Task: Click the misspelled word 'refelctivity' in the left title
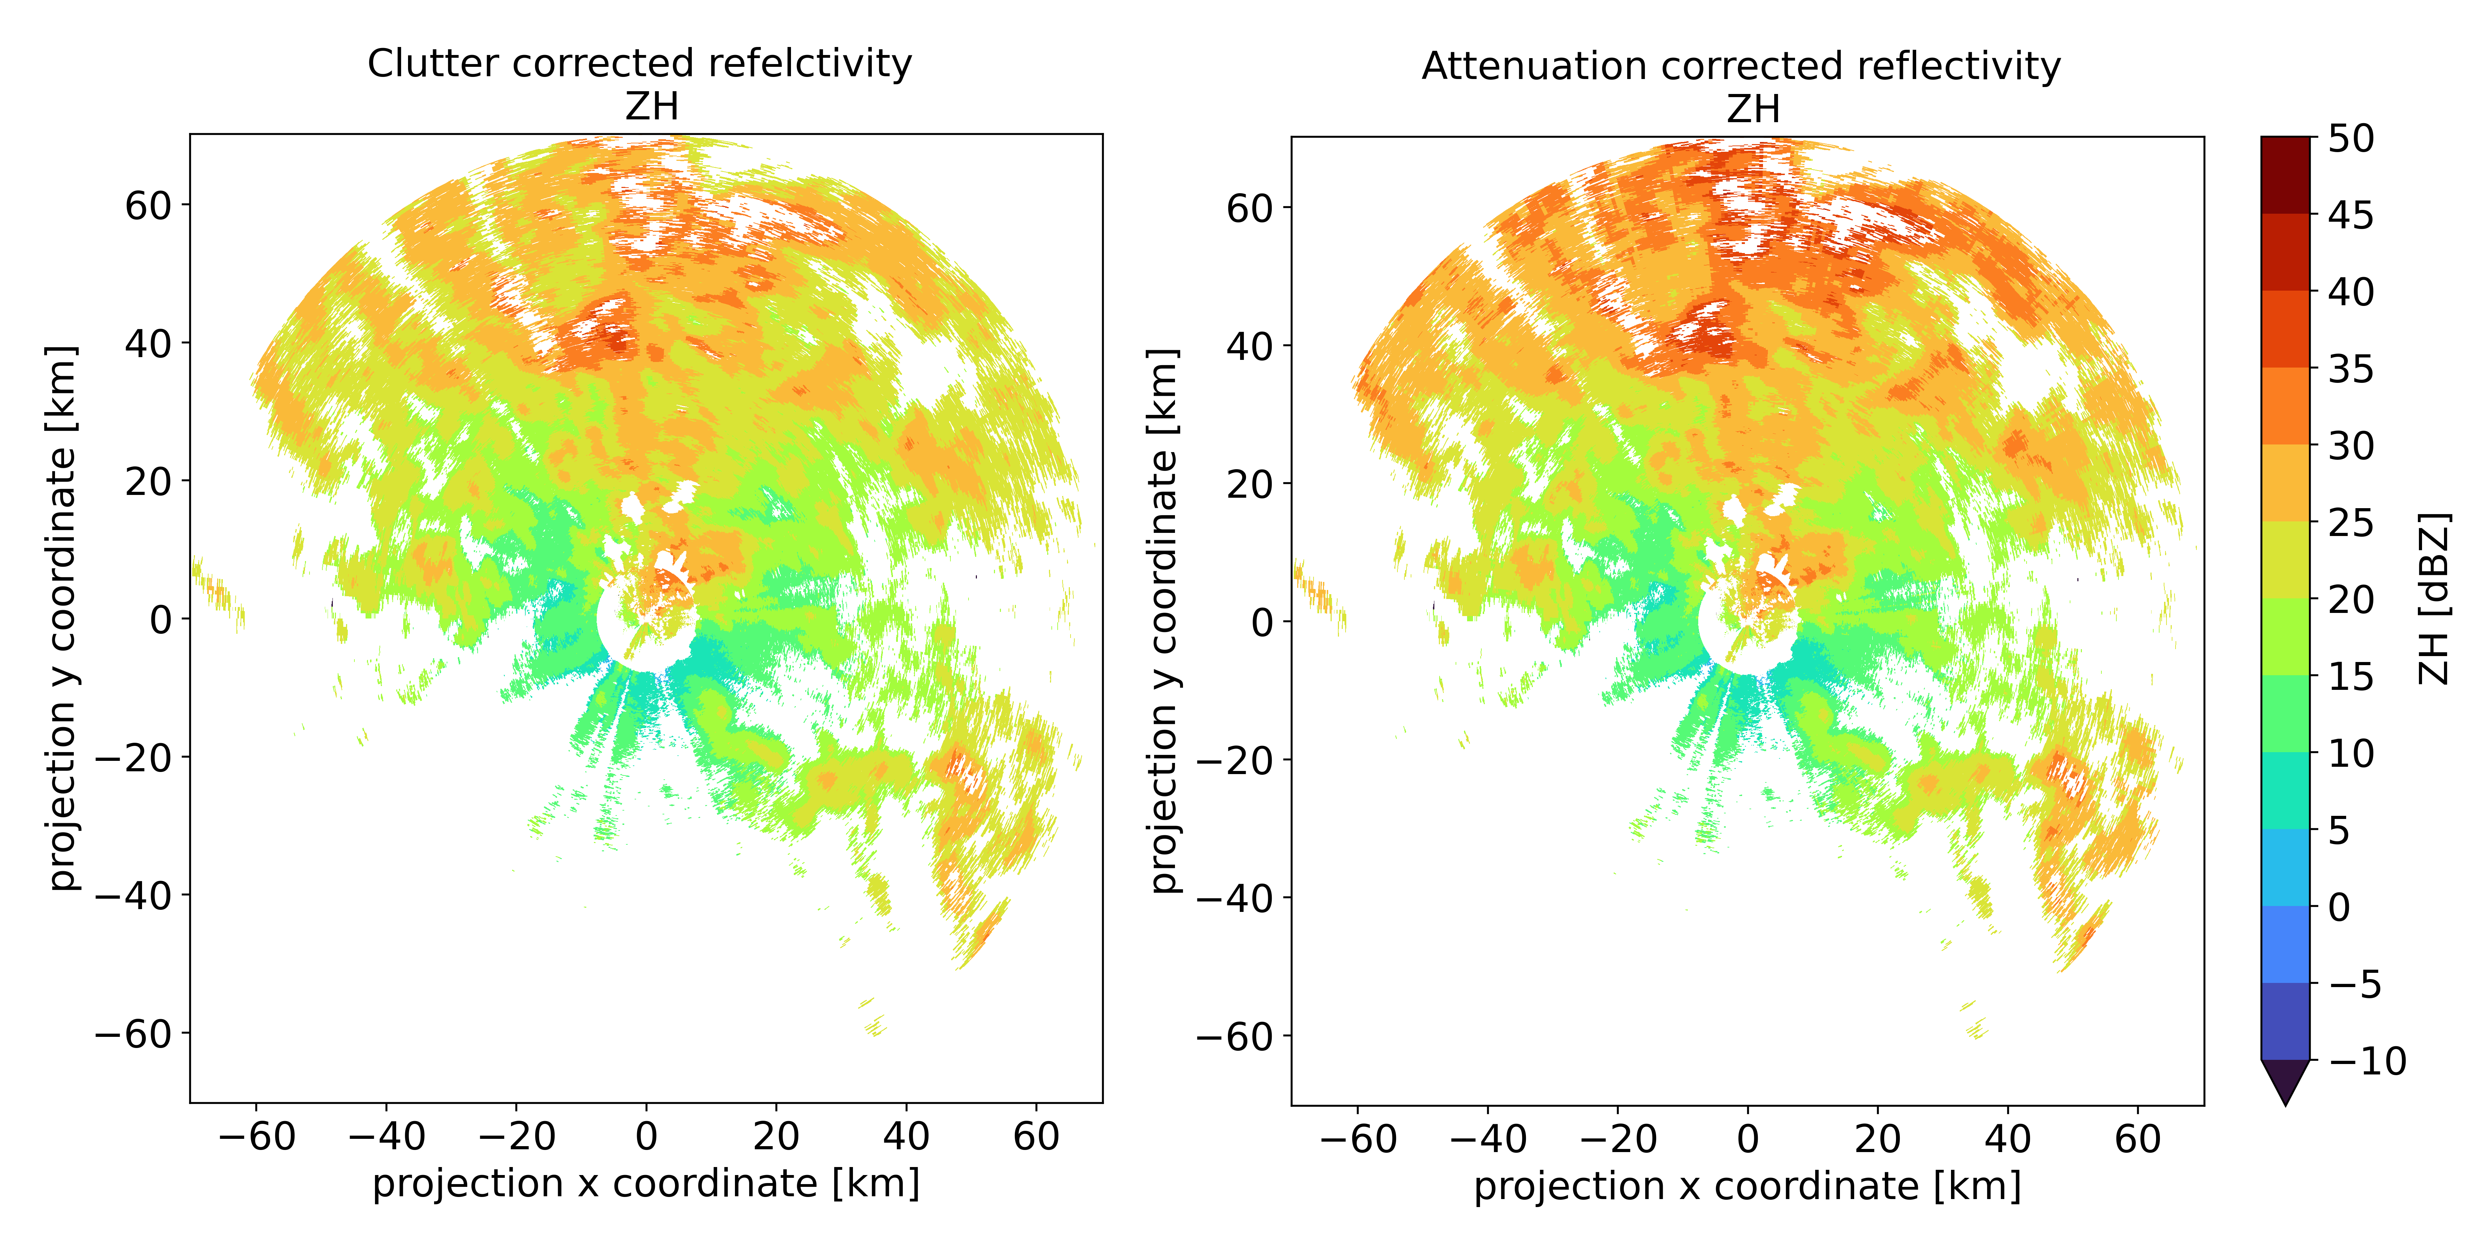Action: coord(809,63)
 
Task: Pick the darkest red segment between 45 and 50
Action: coord(2285,175)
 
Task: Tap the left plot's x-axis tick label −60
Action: coord(256,1137)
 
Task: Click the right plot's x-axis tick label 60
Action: coord(2138,1140)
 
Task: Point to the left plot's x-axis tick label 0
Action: coord(646,1137)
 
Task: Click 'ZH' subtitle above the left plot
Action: coord(652,107)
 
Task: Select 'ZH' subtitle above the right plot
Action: coord(1753,110)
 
